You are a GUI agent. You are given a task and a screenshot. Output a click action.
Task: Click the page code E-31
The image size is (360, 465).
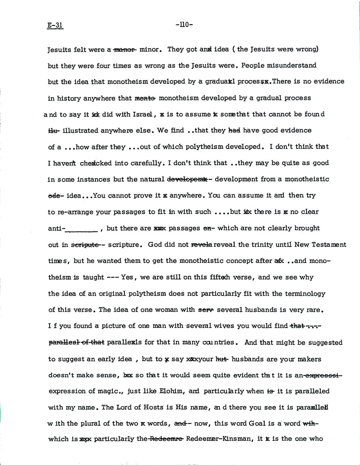pyautogui.click(x=55, y=25)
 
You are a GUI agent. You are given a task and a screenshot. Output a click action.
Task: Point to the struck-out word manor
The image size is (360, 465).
pyautogui.click(x=125, y=50)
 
